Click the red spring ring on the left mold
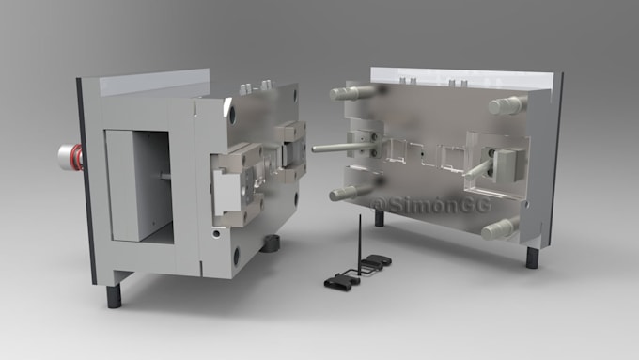pos(77,156)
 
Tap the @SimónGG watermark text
pos(431,205)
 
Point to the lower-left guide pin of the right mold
pos(350,192)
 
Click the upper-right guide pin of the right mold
pos(507,105)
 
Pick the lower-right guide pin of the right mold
pos(500,228)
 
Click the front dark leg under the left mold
pos(114,296)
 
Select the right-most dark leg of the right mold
pos(533,258)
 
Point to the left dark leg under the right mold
pos(380,218)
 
